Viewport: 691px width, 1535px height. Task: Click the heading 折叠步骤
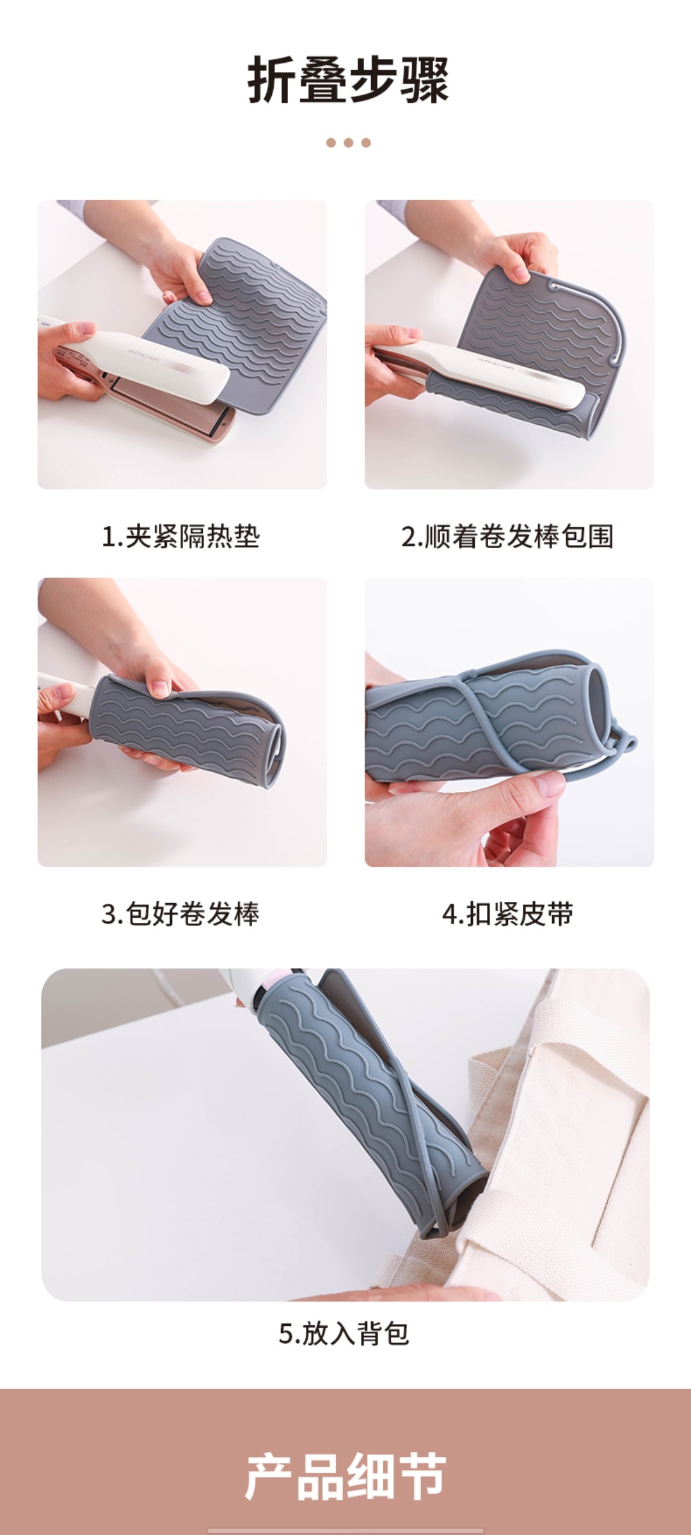(x=348, y=81)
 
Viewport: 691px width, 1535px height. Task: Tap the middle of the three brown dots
(x=348, y=143)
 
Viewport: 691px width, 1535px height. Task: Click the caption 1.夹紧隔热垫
(x=181, y=536)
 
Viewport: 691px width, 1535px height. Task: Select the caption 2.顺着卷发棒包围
(x=507, y=536)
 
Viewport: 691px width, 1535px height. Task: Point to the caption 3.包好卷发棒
(x=181, y=913)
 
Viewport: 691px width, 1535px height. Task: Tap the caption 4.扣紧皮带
(x=507, y=913)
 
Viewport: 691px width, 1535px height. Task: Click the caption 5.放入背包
(x=344, y=1334)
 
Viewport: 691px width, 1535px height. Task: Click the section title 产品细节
(x=345, y=1476)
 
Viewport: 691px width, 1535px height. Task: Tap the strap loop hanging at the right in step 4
(x=624, y=745)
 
